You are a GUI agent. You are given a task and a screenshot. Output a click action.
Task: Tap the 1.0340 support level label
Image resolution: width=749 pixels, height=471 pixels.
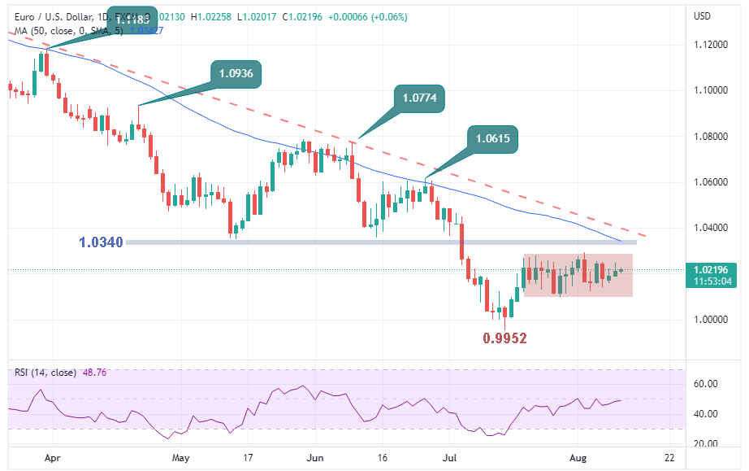[x=102, y=242]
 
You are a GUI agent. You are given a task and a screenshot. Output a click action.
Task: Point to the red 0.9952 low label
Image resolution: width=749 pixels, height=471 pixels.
[x=505, y=338]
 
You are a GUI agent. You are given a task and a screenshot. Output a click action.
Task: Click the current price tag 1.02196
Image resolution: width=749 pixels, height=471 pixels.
[x=712, y=269]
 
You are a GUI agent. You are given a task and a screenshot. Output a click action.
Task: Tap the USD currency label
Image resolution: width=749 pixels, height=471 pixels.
[x=702, y=16]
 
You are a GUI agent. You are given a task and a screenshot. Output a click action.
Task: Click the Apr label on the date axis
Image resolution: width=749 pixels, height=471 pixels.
[x=53, y=458]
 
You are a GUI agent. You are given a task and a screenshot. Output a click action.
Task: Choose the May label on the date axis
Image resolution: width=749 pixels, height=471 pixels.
[x=181, y=458]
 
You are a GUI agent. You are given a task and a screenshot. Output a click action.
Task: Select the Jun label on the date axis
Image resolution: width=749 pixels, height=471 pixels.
[x=317, y=458]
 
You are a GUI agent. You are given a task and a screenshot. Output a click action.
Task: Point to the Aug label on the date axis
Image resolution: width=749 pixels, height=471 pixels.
[x=578, y=458]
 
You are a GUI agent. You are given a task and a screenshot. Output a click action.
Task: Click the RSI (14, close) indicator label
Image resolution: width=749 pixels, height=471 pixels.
[x=45, y=373]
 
